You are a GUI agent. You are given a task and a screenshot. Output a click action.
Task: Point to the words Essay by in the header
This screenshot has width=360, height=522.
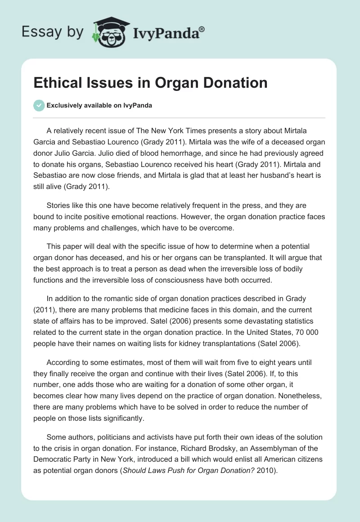pos(53,31)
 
